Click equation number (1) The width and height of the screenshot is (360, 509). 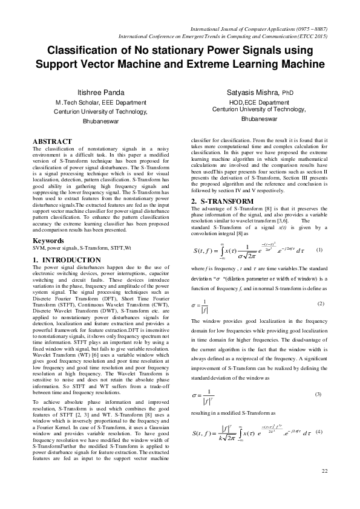[x=320, y=250]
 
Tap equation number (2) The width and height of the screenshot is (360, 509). [x=320, y=303]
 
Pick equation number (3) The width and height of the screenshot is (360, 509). [x=319, y=394]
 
